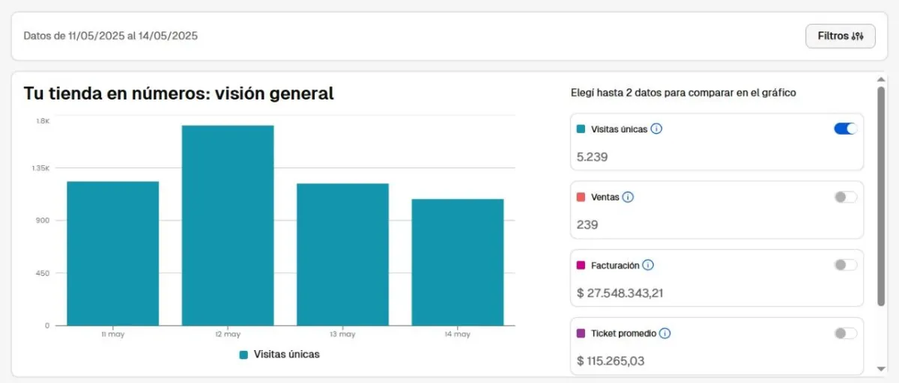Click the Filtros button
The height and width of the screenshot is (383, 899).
pyautogui.click(x=840, y=36)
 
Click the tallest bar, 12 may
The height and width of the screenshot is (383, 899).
pyautogui.click(x=228, y=225)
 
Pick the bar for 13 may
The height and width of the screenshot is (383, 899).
pyautogui.click(x=342, y=254)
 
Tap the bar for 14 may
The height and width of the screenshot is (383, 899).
pyautogui.click(x=458, y=262)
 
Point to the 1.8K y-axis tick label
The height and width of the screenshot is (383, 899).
pyautogui.click(x=43, y=121)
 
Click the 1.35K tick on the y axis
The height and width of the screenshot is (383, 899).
pyautogui.click(x=40, y=168)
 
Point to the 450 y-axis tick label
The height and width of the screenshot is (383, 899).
pyautogui.click(x=42, y=273)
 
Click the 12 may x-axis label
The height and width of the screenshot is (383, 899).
pyautogui.click(x=228, y=334)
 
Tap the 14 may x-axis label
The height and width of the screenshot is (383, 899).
pyautogui.click(x=458, y=334)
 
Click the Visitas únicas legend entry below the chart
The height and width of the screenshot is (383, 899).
pyautogui.click(x=279, y=355)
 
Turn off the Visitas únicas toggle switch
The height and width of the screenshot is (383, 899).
pyautogui.click(x=846, y=129)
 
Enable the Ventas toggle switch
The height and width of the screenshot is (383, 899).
pyautogui.click(x=846, y=197)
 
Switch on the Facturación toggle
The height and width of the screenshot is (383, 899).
pyautogui.click(x=846, y=265)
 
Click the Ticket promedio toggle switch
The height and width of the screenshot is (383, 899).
pyautogui.click(x=846, y=333)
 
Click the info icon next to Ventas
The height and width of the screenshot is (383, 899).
pyautogui.click(x=628, y=197)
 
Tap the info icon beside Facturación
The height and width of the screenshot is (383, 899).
pyautogui.click(x=648, y=265)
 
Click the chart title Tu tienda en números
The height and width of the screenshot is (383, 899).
pyautogui.click(x=178, y=94)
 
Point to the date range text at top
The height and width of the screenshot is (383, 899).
pyautogui.click(x=111, y=35)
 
